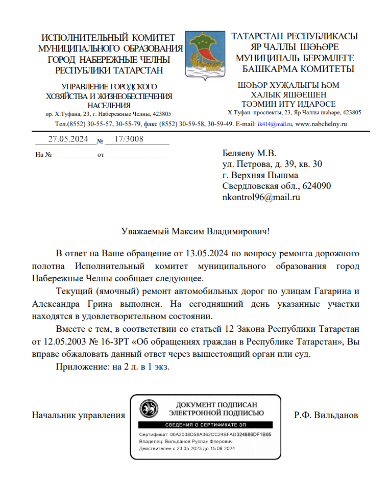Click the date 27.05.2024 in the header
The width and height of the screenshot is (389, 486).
[68, 139]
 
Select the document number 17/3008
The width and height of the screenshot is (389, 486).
[129, 139]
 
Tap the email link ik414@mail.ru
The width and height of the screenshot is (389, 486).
[275, 124]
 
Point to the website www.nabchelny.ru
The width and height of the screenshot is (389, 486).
[321, 124]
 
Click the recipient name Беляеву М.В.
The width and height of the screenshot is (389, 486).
[249, 153]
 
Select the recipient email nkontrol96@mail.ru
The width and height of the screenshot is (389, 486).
[261, 197]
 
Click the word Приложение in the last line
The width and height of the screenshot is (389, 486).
[79, 367]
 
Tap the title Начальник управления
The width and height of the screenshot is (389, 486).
[78, 416]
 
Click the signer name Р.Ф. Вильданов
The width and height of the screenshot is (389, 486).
[326, 416]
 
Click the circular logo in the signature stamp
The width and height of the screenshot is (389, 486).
[150, 408]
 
